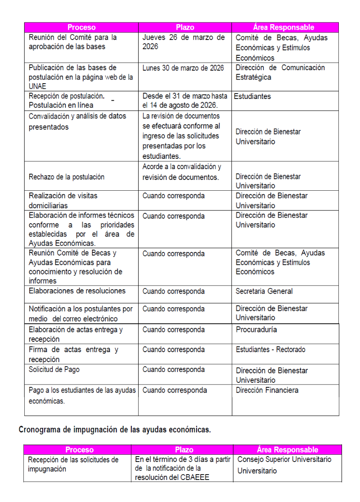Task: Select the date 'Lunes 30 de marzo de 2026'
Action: tap(183, 68)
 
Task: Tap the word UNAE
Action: tap(38, 86)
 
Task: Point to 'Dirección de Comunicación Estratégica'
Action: tap(280, 72)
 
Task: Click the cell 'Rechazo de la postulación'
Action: tap(67, 177)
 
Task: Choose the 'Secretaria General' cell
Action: tap(264, 291)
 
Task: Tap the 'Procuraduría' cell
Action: tap(256, 329)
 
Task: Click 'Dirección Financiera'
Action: tap(267, 390)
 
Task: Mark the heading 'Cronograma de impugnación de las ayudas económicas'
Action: tap(115, 430)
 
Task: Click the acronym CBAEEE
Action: tap(194, 478)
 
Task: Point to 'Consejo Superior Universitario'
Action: tap(284, 460)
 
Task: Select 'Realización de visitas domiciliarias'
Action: tap(63, 201)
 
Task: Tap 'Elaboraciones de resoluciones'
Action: tap(77, 291)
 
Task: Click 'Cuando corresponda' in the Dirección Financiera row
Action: tap(175, 390)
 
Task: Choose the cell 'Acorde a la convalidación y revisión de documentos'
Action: tap(182, 172)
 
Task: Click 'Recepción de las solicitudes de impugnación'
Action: tap(73, 464)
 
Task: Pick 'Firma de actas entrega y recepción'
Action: tap(73, 354)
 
